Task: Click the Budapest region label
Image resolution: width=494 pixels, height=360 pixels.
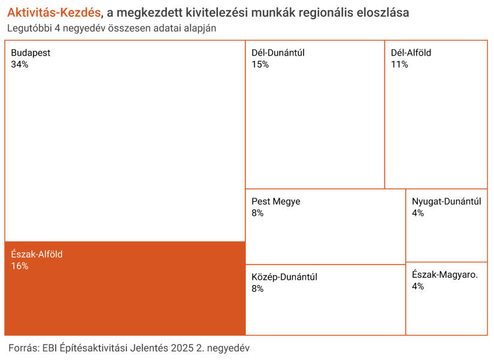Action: tap(31, 53)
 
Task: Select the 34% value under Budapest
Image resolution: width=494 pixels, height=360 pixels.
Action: tap(20, 64)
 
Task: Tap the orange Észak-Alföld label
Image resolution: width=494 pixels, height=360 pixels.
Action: tap(37, 254)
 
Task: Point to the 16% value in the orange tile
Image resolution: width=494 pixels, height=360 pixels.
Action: tap(20, 265)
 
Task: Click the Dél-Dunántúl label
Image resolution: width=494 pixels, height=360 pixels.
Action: tap(278, 53)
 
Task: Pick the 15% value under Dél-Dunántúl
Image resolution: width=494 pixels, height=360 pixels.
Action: tap(260, 64)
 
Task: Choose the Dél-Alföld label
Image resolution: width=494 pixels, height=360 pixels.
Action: tap(411, 53)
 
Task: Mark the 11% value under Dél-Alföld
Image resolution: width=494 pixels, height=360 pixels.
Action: tap(399, 64)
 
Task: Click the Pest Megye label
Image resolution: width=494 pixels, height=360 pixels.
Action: tap(275, 201)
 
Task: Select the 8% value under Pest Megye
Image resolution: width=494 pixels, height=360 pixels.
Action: tap(257, 213)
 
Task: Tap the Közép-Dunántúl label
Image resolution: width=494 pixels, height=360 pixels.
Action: tap(284, 277)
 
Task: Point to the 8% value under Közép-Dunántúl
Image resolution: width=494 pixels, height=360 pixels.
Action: tap(257, 288)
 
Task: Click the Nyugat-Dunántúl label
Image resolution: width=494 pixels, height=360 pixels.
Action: tap(446, 201)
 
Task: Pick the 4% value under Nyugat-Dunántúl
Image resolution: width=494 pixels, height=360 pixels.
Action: tap(418, 213)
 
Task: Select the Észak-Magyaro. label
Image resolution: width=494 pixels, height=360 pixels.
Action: tap(445, 275)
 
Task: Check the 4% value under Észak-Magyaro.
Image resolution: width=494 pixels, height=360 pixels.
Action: tap(418, 286)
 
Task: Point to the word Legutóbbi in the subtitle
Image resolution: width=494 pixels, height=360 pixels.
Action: tap(29, 28)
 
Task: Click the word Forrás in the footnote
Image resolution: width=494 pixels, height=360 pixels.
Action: tap(22, 347)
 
